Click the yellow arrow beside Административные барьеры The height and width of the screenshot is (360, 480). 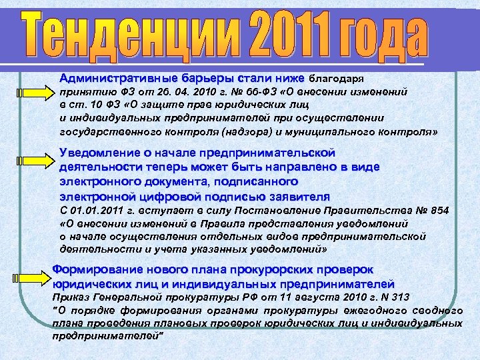[x=34, y=91]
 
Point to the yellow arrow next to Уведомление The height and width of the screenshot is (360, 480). [x=34, y=161]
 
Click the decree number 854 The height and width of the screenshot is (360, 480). [x=439, y=211]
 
